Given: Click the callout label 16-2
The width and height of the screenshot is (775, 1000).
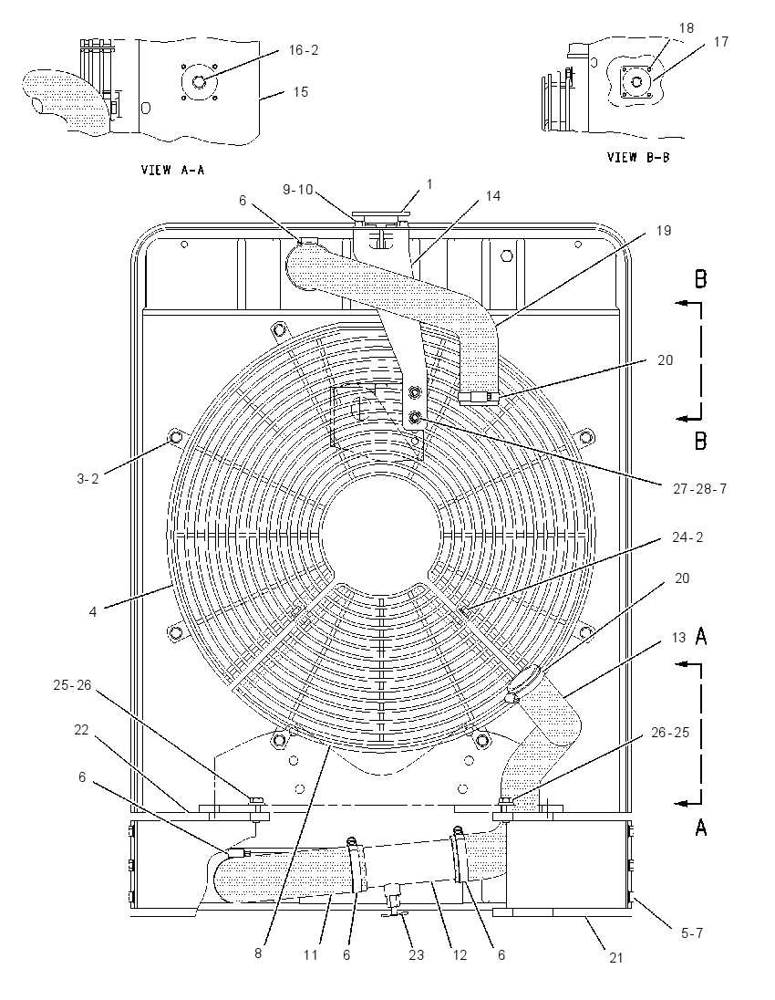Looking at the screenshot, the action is pos(304,50).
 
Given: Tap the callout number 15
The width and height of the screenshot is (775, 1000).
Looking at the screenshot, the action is pos(300,92).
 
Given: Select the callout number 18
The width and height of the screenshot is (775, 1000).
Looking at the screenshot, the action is pos(687,28).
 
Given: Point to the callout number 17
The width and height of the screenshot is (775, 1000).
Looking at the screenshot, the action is pos(721,41).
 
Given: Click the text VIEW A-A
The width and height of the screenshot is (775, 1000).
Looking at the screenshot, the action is pos(172,171).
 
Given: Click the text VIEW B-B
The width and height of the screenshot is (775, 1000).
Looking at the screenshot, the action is pos(638,157).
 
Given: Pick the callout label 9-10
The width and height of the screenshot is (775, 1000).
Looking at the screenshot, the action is pos(297,190).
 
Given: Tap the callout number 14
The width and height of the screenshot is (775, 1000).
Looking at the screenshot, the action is pos(492,196).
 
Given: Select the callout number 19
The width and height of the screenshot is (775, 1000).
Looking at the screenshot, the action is pos(664,230).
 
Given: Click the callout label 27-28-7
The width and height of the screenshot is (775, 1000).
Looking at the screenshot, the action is pos(700,489).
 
